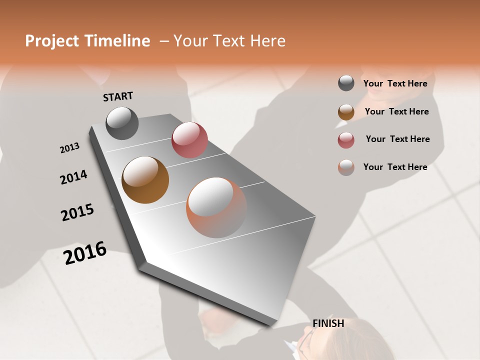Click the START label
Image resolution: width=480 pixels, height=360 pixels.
[118, 96]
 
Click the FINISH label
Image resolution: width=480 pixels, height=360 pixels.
[328, 323]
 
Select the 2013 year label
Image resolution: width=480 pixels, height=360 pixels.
[69, 148]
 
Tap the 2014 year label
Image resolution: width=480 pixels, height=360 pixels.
[73, 177]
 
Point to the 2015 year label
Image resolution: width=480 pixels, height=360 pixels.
[77, 212]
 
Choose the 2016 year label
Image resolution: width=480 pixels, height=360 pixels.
[85, 253]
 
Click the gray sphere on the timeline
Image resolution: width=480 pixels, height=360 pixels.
[122, 123]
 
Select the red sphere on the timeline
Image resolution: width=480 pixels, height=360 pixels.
[189, 140]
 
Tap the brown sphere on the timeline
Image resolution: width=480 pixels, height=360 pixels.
[145, 180]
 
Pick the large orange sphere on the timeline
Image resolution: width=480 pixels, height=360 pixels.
[216, 207]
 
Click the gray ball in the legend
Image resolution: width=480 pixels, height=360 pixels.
[346, 83]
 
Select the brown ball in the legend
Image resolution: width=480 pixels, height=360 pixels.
[346, 111]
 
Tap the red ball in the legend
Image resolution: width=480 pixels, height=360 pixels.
[346, 139]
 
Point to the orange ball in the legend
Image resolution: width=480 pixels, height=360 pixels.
[346, 167]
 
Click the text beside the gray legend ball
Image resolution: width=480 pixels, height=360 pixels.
[395, 83]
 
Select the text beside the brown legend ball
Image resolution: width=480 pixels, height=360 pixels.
[396, 111]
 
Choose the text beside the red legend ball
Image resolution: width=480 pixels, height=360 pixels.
[397, 139]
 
